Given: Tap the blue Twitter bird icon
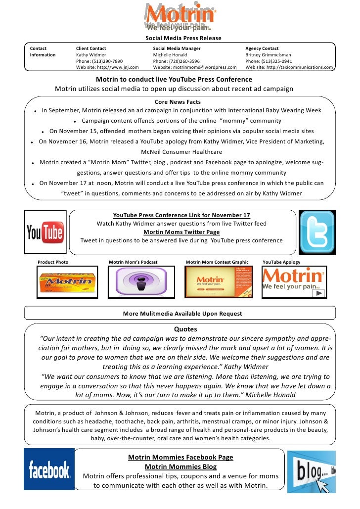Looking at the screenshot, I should point(317,231).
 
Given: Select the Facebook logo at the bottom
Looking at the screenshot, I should point(49,469).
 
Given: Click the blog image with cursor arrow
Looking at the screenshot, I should point(312,471).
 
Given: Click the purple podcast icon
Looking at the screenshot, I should point(141,282).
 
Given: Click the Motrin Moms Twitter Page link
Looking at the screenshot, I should point(181,232).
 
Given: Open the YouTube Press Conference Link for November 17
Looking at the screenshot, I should point(181,215).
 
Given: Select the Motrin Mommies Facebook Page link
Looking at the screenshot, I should point(180,458).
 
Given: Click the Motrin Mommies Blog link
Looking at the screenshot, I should point(180,466).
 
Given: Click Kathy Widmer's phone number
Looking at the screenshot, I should point(99,61).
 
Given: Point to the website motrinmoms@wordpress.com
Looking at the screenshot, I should point(195,68).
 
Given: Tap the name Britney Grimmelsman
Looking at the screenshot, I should point(268,55).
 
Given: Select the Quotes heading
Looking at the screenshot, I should point(185,329).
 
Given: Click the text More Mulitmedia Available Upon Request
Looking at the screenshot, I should point(182,313).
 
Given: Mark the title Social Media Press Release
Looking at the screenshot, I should point(183,39).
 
